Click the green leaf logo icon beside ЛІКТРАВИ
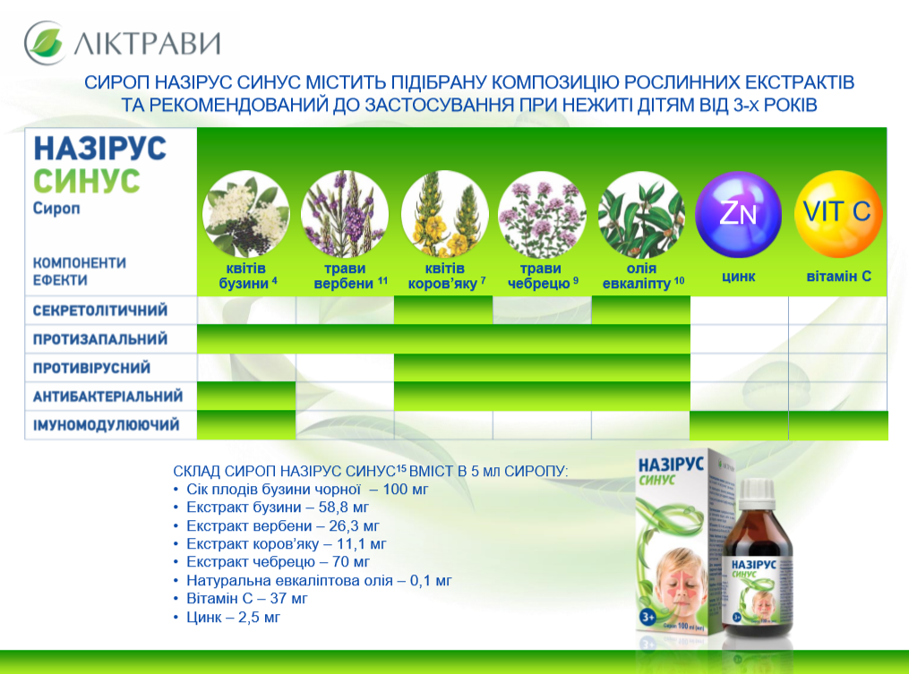[x=45, y=42]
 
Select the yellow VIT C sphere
[x=837, y=214]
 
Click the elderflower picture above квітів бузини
[x=245, y=214]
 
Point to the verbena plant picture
[x=345, y=214]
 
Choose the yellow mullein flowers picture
[x=444, y=214]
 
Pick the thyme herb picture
[x=542, y=214]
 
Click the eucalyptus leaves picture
[x=641, y=214]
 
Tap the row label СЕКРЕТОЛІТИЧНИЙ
[x=100, y=311]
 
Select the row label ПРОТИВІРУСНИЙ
[x=91, y=368]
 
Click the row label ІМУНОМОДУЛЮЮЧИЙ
[x=106, y=425]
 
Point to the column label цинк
[x=739, y=277]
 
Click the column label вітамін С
[x=839, y=276]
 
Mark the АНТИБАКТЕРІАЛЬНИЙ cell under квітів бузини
[x=246, y=397]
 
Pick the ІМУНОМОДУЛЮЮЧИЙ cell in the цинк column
[x=739, y=425]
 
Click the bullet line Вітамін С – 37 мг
[x=246, y=599]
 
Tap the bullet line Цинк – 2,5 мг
[x=233, y=618]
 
